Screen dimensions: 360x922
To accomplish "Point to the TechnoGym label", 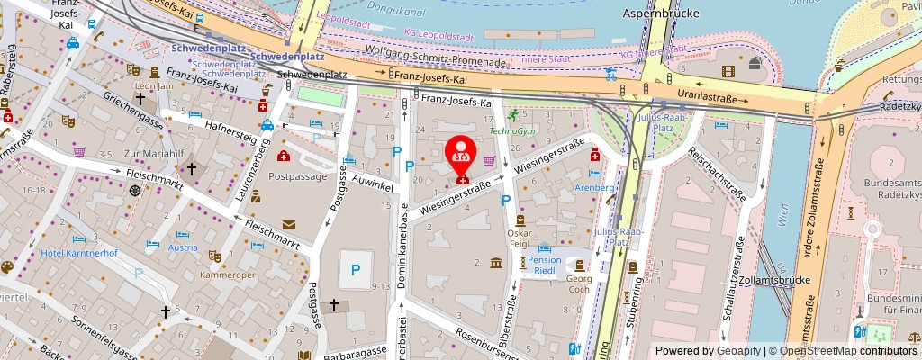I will coord(511,130).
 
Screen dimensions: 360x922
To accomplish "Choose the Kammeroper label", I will coord(224,274).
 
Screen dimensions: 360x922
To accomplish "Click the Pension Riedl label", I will coord(544,265).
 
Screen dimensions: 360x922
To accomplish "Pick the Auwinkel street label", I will coord(374,183).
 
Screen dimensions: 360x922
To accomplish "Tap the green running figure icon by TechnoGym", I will coord(512,115).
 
